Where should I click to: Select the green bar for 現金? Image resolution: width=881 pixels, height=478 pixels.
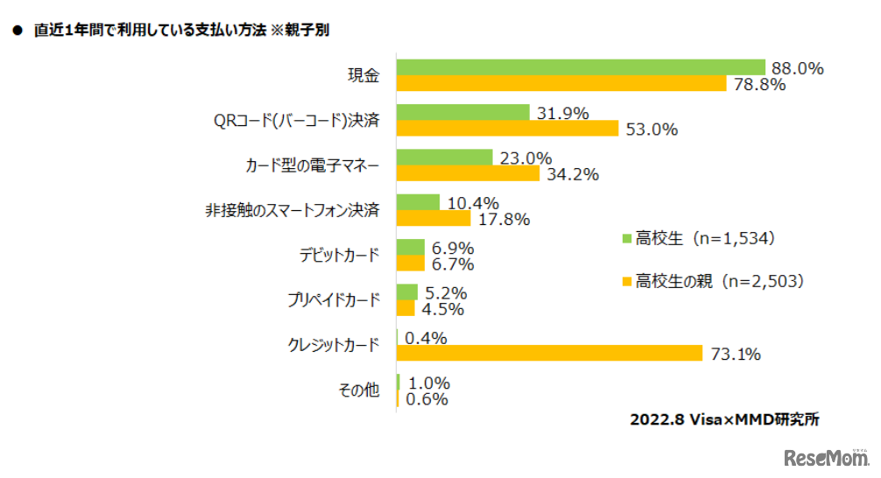coord(581,67)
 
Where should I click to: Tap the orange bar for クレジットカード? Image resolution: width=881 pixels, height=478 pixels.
coord(549,353)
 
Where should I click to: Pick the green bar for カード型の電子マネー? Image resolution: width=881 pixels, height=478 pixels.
coord(444,158)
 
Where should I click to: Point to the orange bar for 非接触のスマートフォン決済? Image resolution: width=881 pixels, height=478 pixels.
coord(433,218)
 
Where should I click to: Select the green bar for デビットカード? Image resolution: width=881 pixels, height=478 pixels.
coord(411,248)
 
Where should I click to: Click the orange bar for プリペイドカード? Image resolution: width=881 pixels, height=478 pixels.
coord(405,308)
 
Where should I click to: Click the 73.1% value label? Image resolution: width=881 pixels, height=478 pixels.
coord(734,354)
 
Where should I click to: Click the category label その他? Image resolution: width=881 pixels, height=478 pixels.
coord(359,390)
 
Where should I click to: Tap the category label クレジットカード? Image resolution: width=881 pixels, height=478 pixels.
coord(334,345)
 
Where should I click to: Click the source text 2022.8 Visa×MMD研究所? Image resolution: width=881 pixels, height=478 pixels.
coord(724,419)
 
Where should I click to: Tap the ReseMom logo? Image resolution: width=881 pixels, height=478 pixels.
coord(825,458)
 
